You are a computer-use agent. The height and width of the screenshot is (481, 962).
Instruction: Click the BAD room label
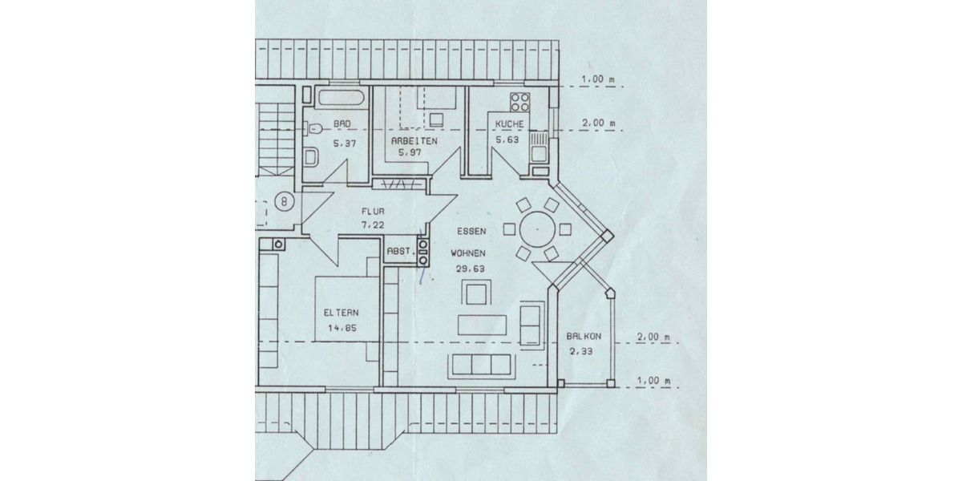coord(342,124)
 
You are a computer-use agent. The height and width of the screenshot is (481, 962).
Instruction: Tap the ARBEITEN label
coord(413,140)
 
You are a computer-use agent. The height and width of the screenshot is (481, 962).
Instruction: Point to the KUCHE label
coord(509,124)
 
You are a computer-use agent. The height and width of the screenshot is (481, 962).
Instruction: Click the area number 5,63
coord(508,139)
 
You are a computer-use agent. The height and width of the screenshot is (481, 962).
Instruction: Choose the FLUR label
coord(373,212)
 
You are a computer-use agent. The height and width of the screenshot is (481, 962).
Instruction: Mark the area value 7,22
coord(373,225)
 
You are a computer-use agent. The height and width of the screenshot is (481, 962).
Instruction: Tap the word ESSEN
coord(471,231)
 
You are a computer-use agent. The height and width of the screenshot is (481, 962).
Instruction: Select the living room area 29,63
coord(471,269)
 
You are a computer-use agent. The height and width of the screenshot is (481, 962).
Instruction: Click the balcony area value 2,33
coord(580,351)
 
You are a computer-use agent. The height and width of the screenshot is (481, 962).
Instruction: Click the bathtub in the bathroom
coord(341,100)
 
